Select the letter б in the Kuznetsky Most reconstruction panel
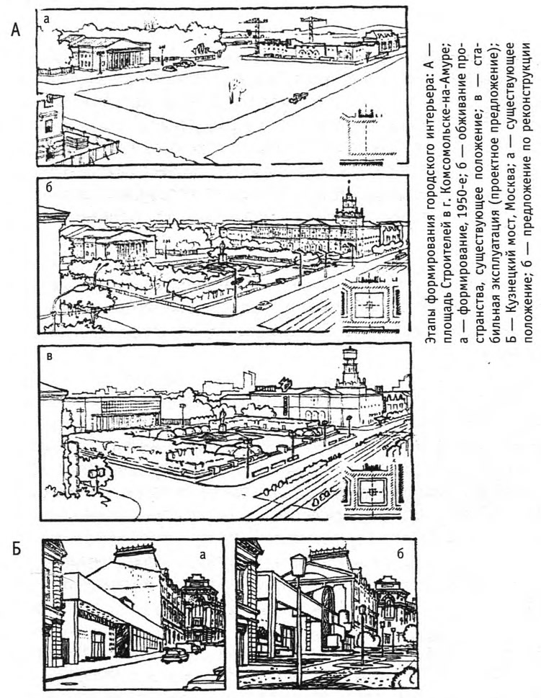pos(401,553)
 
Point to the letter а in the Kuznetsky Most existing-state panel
pos(203,555)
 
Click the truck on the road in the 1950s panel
pos(298,97)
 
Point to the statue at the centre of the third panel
pos(222,418)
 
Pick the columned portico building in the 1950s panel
pos(110,53)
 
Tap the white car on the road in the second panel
pos(263,305)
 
